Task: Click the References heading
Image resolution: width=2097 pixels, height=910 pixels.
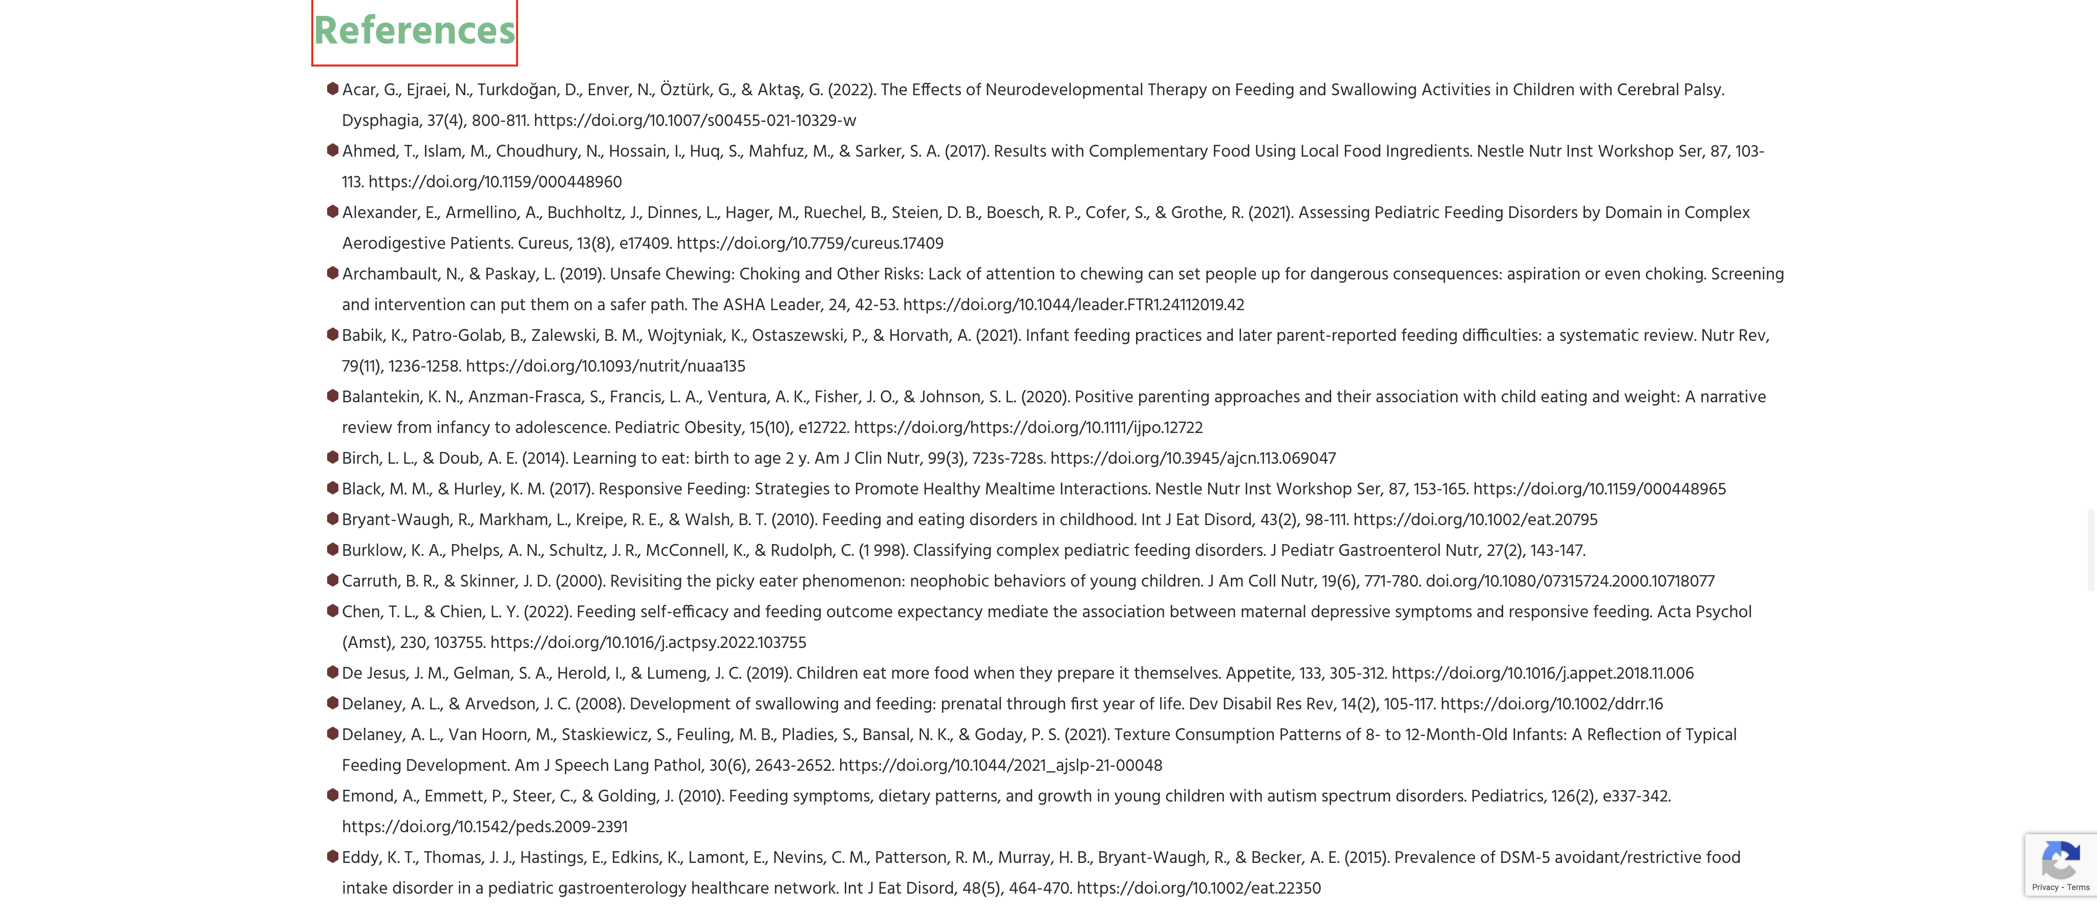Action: pos(414,31)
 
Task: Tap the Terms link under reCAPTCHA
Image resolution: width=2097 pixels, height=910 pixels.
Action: pos(2078,887)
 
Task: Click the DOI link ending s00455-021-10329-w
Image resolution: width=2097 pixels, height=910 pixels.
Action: pos(694,120)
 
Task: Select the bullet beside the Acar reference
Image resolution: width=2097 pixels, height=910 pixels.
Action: pos(332,89)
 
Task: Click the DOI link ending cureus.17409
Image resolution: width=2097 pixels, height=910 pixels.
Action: pos(809,244)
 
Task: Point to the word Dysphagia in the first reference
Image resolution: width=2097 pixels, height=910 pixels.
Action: pos(381,120)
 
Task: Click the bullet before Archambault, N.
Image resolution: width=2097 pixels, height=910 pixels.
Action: pos(332,273)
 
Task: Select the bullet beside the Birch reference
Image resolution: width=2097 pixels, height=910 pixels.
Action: pos(332,458)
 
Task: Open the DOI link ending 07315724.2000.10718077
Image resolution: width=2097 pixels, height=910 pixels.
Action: pos(1570,581)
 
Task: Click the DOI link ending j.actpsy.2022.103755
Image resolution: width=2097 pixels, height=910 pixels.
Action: pos(648,643)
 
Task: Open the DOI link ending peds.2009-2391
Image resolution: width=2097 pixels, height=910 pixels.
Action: pos(484,827)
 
